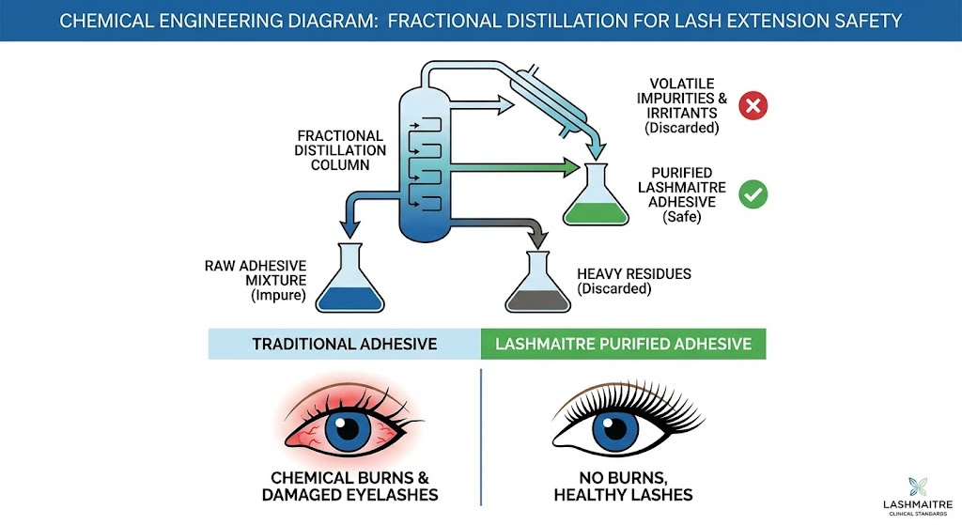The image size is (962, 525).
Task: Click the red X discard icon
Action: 752,105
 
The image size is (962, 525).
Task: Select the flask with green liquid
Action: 596,199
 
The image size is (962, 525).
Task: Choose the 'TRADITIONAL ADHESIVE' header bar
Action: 344,344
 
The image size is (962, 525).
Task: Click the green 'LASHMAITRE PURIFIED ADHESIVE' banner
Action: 623,344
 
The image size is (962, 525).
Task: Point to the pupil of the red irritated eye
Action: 347,429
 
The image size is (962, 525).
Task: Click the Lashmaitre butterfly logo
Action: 918,488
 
